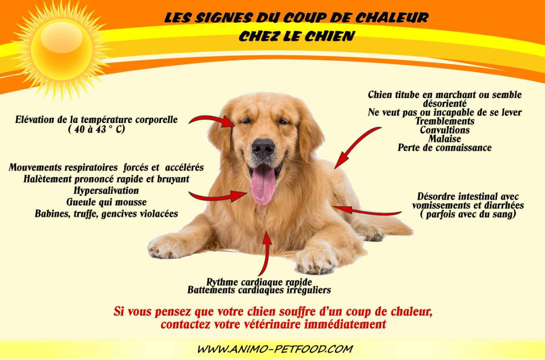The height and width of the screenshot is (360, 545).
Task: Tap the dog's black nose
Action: pos(263,148)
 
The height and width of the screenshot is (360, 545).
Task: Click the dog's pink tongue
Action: pos(263,184)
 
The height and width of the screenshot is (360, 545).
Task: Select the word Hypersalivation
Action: pos(106,190)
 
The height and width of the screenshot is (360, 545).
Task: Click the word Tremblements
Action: pos(445,121)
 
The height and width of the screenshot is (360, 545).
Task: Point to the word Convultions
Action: pos(445,130)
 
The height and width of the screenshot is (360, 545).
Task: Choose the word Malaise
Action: pos(445,138)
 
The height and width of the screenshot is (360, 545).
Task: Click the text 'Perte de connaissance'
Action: pos(445,148)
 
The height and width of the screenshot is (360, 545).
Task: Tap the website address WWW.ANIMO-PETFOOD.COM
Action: pos(275,349)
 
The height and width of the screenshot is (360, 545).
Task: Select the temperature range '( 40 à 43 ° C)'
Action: pos(96,129)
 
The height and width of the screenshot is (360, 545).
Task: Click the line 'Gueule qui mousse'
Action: pos(106,202)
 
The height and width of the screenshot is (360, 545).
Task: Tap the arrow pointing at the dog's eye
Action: pos(212,119)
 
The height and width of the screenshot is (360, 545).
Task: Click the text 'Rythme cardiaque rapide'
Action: pos(259,281)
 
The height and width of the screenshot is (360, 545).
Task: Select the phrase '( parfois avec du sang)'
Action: pos(468,214)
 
